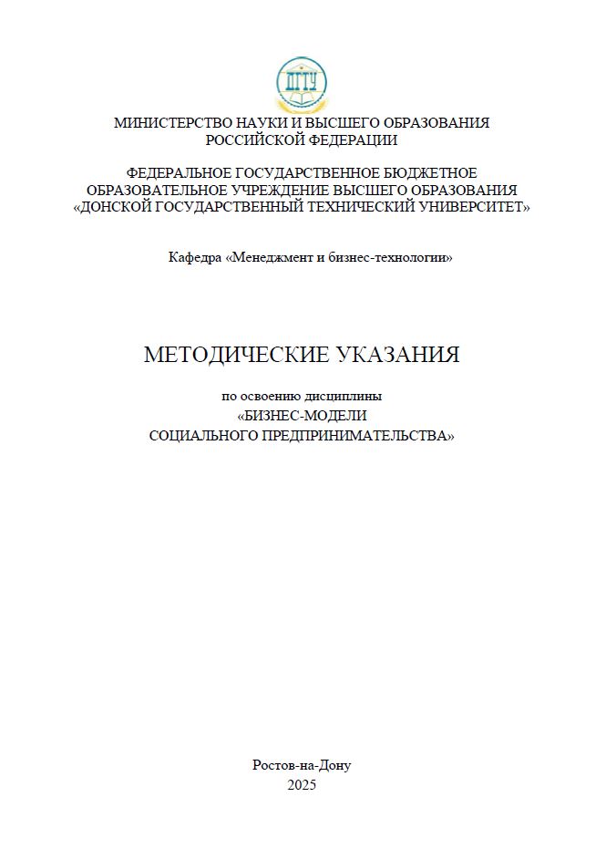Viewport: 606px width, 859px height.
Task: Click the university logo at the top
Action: [301, 84]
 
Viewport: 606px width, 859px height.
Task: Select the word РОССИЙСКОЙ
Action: [253, 140]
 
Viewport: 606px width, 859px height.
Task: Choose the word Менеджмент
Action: [271, 258]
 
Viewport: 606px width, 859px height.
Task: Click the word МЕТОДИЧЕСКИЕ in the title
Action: [234, 356]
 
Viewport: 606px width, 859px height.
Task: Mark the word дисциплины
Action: [349, 397]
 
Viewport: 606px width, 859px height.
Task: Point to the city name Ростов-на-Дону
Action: [302, 765]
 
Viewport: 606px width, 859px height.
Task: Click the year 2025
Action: [302, 784]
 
